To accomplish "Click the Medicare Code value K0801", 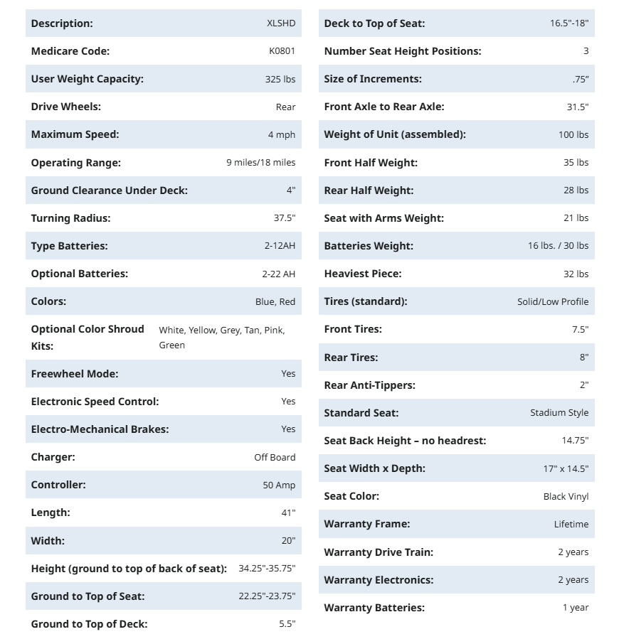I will (x=282, y=51).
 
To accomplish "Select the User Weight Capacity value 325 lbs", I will (x=280, y=79).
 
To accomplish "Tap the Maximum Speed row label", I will (x=75, y=134).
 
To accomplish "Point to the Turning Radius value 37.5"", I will (x=284, y=218).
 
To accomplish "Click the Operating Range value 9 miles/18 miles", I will (x=260, y=163).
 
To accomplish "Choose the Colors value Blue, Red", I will (x=275, y=301).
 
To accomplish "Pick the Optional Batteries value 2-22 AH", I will (x=278, y=274).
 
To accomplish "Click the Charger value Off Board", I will (x=275, y=457).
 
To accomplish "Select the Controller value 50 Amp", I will (x=279, y=485).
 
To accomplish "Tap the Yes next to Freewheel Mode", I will (x=288, y=373).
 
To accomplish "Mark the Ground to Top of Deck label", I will (x=89, y=624).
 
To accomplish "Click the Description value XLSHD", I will (x=281, y=23).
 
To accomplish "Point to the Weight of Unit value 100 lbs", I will (x=573, y=134).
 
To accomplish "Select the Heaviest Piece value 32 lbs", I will (x=576, y=274).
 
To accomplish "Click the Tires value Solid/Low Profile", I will (x=553, y=301).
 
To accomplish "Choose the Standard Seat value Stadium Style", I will (x=559, y=412).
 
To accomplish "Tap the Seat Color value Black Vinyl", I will (x=566, y=496).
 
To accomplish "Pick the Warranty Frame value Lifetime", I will (x=571, y=524).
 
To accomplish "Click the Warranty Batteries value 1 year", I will (x=576, y=608).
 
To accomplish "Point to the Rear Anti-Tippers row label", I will (x=369, y=385).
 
